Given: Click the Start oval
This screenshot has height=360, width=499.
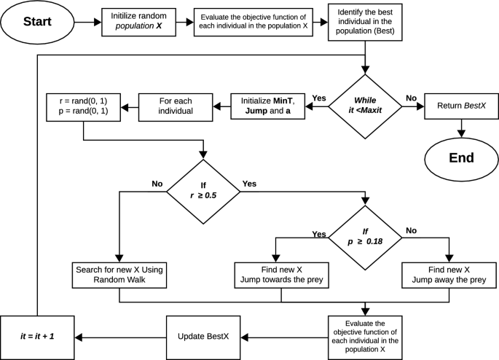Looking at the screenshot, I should pos(38,22).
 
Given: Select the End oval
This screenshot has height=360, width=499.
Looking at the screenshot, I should pos(461,157).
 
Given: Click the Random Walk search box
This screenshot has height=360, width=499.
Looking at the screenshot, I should pos(118,275).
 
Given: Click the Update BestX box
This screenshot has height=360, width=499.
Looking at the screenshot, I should pos(204,337).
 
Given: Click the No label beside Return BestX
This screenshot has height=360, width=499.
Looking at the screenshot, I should pos(411,98).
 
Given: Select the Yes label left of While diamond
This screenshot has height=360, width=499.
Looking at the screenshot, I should pos(318,98).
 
